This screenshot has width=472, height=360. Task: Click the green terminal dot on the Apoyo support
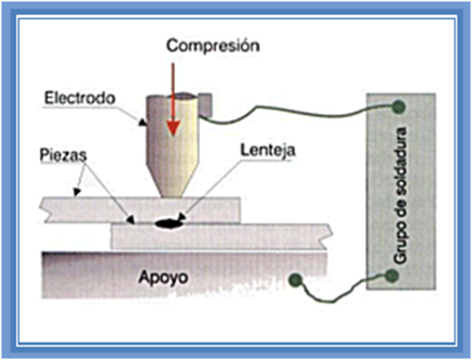297,280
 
